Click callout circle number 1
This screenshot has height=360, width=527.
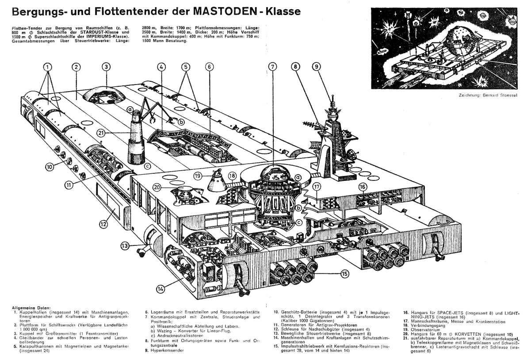coord(47,67)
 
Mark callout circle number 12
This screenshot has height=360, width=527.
coord(103,224)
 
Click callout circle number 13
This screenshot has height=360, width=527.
coord(125,245)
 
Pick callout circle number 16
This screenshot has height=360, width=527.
coord(363,187)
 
